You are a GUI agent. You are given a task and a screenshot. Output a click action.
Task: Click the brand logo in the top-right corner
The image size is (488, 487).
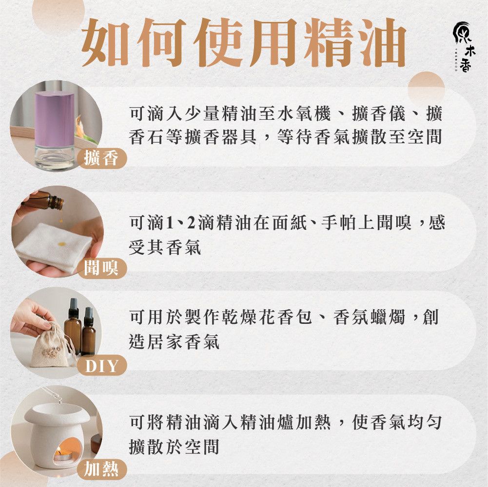tap(464, 47)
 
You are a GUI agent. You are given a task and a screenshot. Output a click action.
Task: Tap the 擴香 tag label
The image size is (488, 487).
tap(102, 158)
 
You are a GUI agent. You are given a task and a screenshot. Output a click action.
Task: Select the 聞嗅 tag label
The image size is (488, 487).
tap(102, 268)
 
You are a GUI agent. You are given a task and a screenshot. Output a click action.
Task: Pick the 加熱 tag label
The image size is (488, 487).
tap(102, 469)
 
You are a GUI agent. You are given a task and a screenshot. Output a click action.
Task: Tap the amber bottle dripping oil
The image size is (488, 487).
tap(43, 201)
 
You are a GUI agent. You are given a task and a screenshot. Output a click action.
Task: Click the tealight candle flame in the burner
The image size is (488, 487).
tap(59, 450)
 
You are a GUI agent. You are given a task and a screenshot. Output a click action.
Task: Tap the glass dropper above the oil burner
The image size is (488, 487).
tap(52, 394)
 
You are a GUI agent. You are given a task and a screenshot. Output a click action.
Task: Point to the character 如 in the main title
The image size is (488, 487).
tap(105, 42)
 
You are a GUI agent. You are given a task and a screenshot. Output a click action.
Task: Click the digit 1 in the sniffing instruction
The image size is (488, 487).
tap(170, 223)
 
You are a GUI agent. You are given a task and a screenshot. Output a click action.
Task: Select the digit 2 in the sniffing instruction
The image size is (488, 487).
tap(191, 223)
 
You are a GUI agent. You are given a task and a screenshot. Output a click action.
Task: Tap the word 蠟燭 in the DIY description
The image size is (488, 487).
tap(387, 317)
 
